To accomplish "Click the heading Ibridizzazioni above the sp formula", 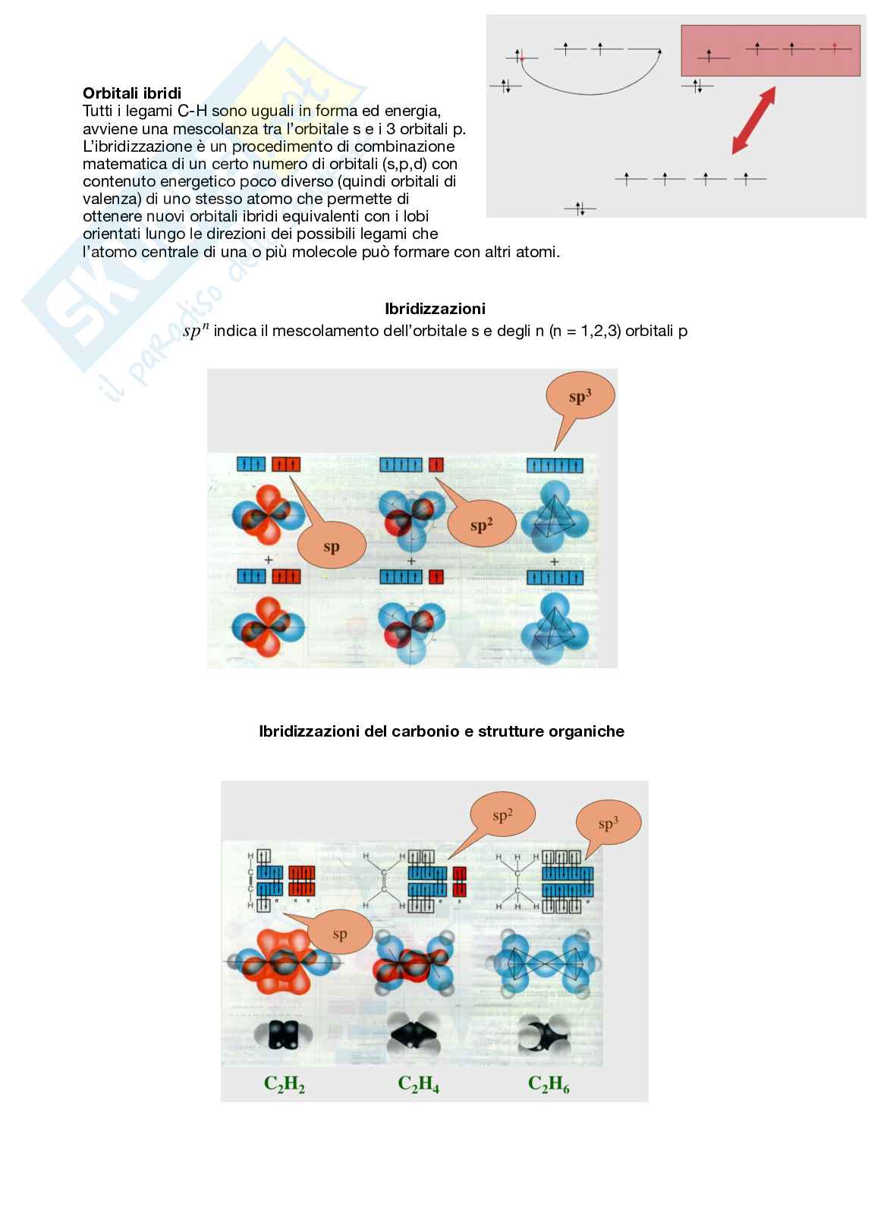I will pyautogui.click(x=435, y=309).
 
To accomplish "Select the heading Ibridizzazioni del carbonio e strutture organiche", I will pyautogui.click(x=442, y=732).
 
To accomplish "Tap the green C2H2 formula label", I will pyautogui.click(x=285, y=1085).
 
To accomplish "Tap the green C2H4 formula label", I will pyautogui.click(x=419, y=1085).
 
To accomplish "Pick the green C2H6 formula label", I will pyautogui.click(x=549, y=1085).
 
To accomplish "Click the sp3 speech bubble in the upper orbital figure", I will pyautogui.click(x=580, y=397).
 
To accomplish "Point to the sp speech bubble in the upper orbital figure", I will pyautogui.click(x=332, y=547).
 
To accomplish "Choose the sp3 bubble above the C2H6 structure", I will pyautogui.click(x=608, y=824).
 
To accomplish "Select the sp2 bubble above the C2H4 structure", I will pyautogui.click(x=502, y=816).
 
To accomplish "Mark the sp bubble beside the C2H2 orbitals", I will pyautogui.click(x=339, y=934).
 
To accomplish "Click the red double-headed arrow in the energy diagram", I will pyautogui.click(x=753, y=120).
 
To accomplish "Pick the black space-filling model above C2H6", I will pyautogui.click(x=549, y=1033).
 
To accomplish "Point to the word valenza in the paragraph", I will pyautogui.click(x=105, y=200).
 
